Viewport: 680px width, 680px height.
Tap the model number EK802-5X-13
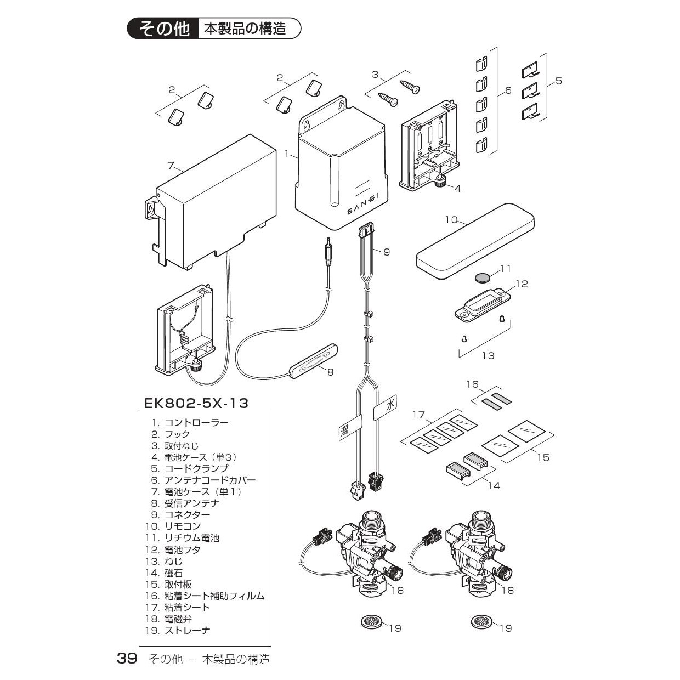pos(196,404)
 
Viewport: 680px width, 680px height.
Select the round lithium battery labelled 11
pos(483,277)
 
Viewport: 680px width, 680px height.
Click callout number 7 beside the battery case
pos(171,165)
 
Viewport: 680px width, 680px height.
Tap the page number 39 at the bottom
pos(127,659)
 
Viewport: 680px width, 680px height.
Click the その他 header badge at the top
pos(164,29)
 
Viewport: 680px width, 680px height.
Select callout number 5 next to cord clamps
pos(558,81)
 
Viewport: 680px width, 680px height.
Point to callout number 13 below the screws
pos(488,355)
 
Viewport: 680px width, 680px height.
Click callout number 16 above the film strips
pos(473,384)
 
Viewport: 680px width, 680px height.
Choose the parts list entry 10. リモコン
pos(173,526)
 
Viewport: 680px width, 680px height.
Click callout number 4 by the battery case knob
pos(457,188)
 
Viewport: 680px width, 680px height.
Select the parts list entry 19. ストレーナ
pos(179,630)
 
